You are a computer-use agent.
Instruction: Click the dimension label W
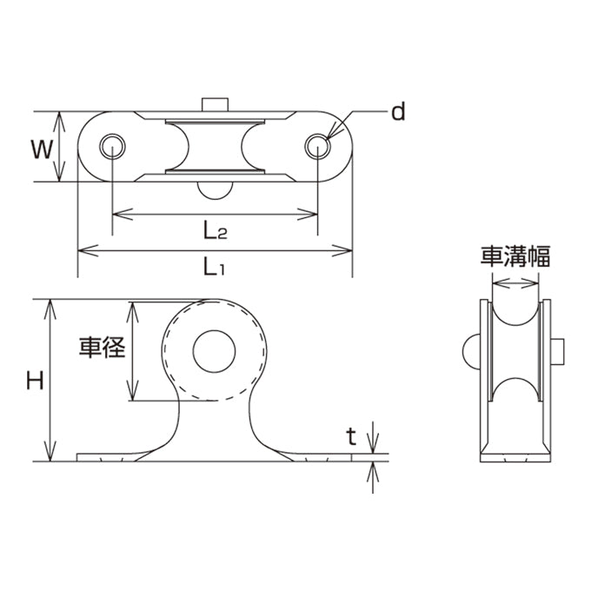(x=42, y=149)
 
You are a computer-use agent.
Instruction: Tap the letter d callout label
(x=398, y=111)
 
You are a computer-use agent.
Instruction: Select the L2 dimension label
(x=216, y=230)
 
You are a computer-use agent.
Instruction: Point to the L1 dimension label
(x=214, y=266)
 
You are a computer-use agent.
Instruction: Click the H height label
(x=35, y=380)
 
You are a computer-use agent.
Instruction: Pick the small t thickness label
(x=351, y=437)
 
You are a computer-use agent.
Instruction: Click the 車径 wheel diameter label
(x=102, y=347)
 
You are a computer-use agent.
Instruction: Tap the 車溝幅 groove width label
(x=515, y=256)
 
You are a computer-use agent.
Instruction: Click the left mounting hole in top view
(x=112, y=146)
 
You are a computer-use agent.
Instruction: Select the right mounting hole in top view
(x=318, y=146)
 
